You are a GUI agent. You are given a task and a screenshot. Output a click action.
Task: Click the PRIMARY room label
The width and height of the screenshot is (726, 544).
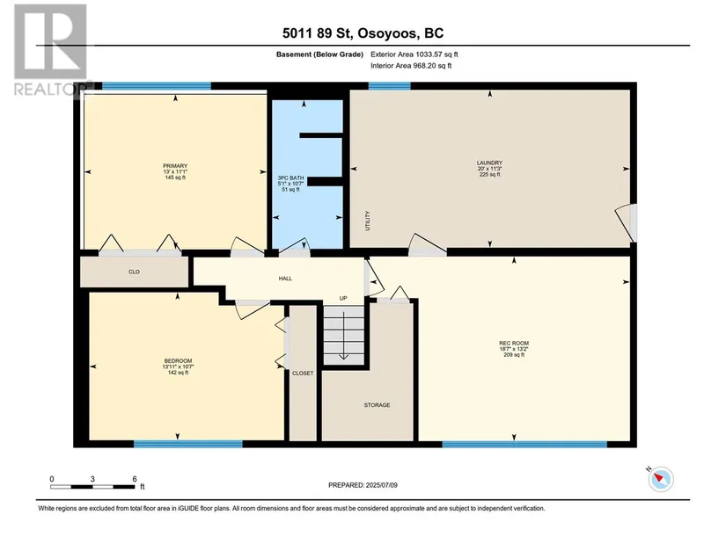click(x=175, y=166)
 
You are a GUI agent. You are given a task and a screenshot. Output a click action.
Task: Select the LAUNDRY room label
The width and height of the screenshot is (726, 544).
click(x=489, y=163)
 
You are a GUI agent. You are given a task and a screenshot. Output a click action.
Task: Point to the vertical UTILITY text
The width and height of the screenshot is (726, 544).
click(x=368, y=221)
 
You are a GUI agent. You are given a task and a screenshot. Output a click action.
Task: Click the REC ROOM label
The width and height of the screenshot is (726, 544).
click(x=514, y=344)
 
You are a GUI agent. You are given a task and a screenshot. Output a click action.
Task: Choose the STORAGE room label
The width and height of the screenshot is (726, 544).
click(x=377, y=405)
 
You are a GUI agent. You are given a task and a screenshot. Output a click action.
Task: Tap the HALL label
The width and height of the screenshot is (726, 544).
click(x=285, y=279)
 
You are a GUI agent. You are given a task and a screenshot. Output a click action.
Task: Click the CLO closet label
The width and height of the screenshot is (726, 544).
click(x=135, y=272)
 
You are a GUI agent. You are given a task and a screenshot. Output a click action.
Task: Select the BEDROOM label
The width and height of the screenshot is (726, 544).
click(x=178, y=361)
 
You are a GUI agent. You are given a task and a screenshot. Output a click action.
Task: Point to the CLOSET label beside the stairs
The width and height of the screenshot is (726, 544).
click(x=303, y=374)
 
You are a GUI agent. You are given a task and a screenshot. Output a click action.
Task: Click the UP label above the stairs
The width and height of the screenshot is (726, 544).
click(x=343, y=299)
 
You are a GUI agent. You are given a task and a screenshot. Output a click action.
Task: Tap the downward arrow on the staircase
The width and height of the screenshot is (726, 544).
click(x=343, y=336)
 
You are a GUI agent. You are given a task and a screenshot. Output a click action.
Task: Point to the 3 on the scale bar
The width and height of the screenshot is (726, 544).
click(x=92, y=479)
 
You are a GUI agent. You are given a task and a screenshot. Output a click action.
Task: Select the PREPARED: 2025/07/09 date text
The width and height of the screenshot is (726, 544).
click(x=363, y=485)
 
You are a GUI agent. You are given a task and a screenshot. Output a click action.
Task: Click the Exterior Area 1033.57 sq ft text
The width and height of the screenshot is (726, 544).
click(x=414, y=54)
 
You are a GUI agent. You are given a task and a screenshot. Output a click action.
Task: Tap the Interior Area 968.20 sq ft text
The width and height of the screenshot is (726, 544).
click(x=411, y=66)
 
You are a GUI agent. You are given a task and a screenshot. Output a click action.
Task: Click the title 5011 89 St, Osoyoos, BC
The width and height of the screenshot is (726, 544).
click(x=363, y=33)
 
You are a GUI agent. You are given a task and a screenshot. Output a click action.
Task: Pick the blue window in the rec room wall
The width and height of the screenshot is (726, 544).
click(x=524, y=445)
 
